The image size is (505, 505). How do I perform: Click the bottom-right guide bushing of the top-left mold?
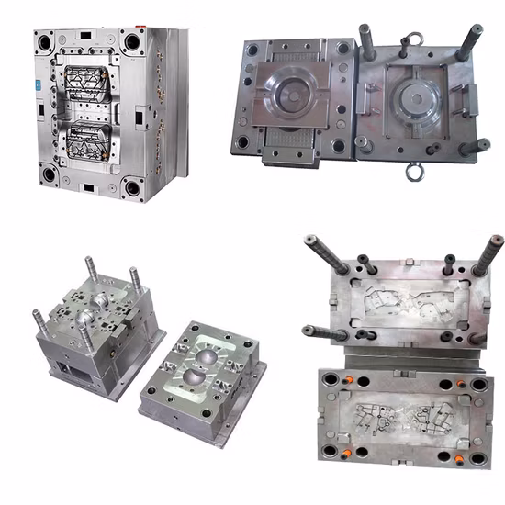134,189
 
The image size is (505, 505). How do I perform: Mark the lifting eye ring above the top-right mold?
413,39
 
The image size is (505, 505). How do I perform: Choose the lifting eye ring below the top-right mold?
413,170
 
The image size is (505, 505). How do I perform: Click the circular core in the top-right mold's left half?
291,102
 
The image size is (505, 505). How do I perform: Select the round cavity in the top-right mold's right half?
418,101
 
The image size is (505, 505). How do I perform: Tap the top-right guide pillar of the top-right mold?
470,41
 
